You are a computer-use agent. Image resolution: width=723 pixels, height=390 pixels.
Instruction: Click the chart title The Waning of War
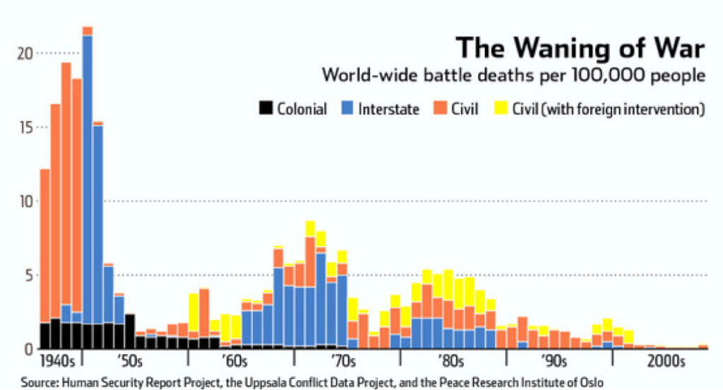coord(580,49)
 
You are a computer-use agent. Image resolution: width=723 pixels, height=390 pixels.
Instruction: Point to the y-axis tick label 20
coord(24,54)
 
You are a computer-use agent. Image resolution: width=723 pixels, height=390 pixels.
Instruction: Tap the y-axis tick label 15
coord(24,127)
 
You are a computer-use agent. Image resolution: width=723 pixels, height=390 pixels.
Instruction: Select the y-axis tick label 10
coord(24,201)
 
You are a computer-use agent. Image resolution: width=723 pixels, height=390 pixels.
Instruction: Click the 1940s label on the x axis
coord(57,363)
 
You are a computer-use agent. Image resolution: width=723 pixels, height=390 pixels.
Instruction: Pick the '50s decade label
coord(129,363)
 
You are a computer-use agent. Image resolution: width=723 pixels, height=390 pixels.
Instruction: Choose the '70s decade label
coord(343,363)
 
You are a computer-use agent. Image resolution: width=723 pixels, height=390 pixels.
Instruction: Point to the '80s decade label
coord(447,363)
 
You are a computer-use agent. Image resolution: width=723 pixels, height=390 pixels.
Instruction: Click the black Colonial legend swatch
coord(266,109)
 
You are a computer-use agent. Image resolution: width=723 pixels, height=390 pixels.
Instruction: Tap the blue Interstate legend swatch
coord(347,109)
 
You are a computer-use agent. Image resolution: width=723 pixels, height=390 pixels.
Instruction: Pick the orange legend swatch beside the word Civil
coord(440,109)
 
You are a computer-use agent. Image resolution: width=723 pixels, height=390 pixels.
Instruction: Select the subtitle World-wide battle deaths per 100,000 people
coord(513,76)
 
